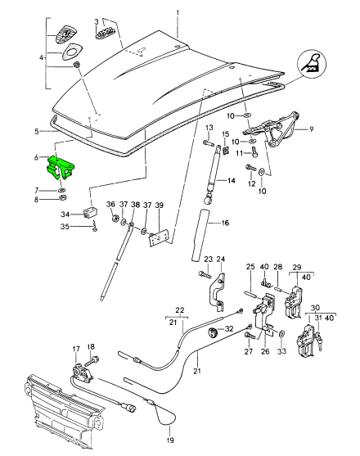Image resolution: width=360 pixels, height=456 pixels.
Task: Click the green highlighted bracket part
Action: pos(61,167)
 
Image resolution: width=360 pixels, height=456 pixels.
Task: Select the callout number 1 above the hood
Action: pos(178,13)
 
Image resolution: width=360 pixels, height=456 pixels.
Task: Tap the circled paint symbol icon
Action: pos(312,65)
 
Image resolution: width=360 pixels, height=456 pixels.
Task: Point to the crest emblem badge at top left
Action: pos(66,34)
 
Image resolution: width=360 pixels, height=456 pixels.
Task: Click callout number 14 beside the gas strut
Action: pos(232,181)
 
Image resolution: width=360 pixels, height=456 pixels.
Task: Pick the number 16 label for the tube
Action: pos(226,223)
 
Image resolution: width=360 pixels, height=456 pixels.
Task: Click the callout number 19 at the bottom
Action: pos(170,440)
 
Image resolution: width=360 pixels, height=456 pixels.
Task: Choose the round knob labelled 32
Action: pos(214,332)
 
